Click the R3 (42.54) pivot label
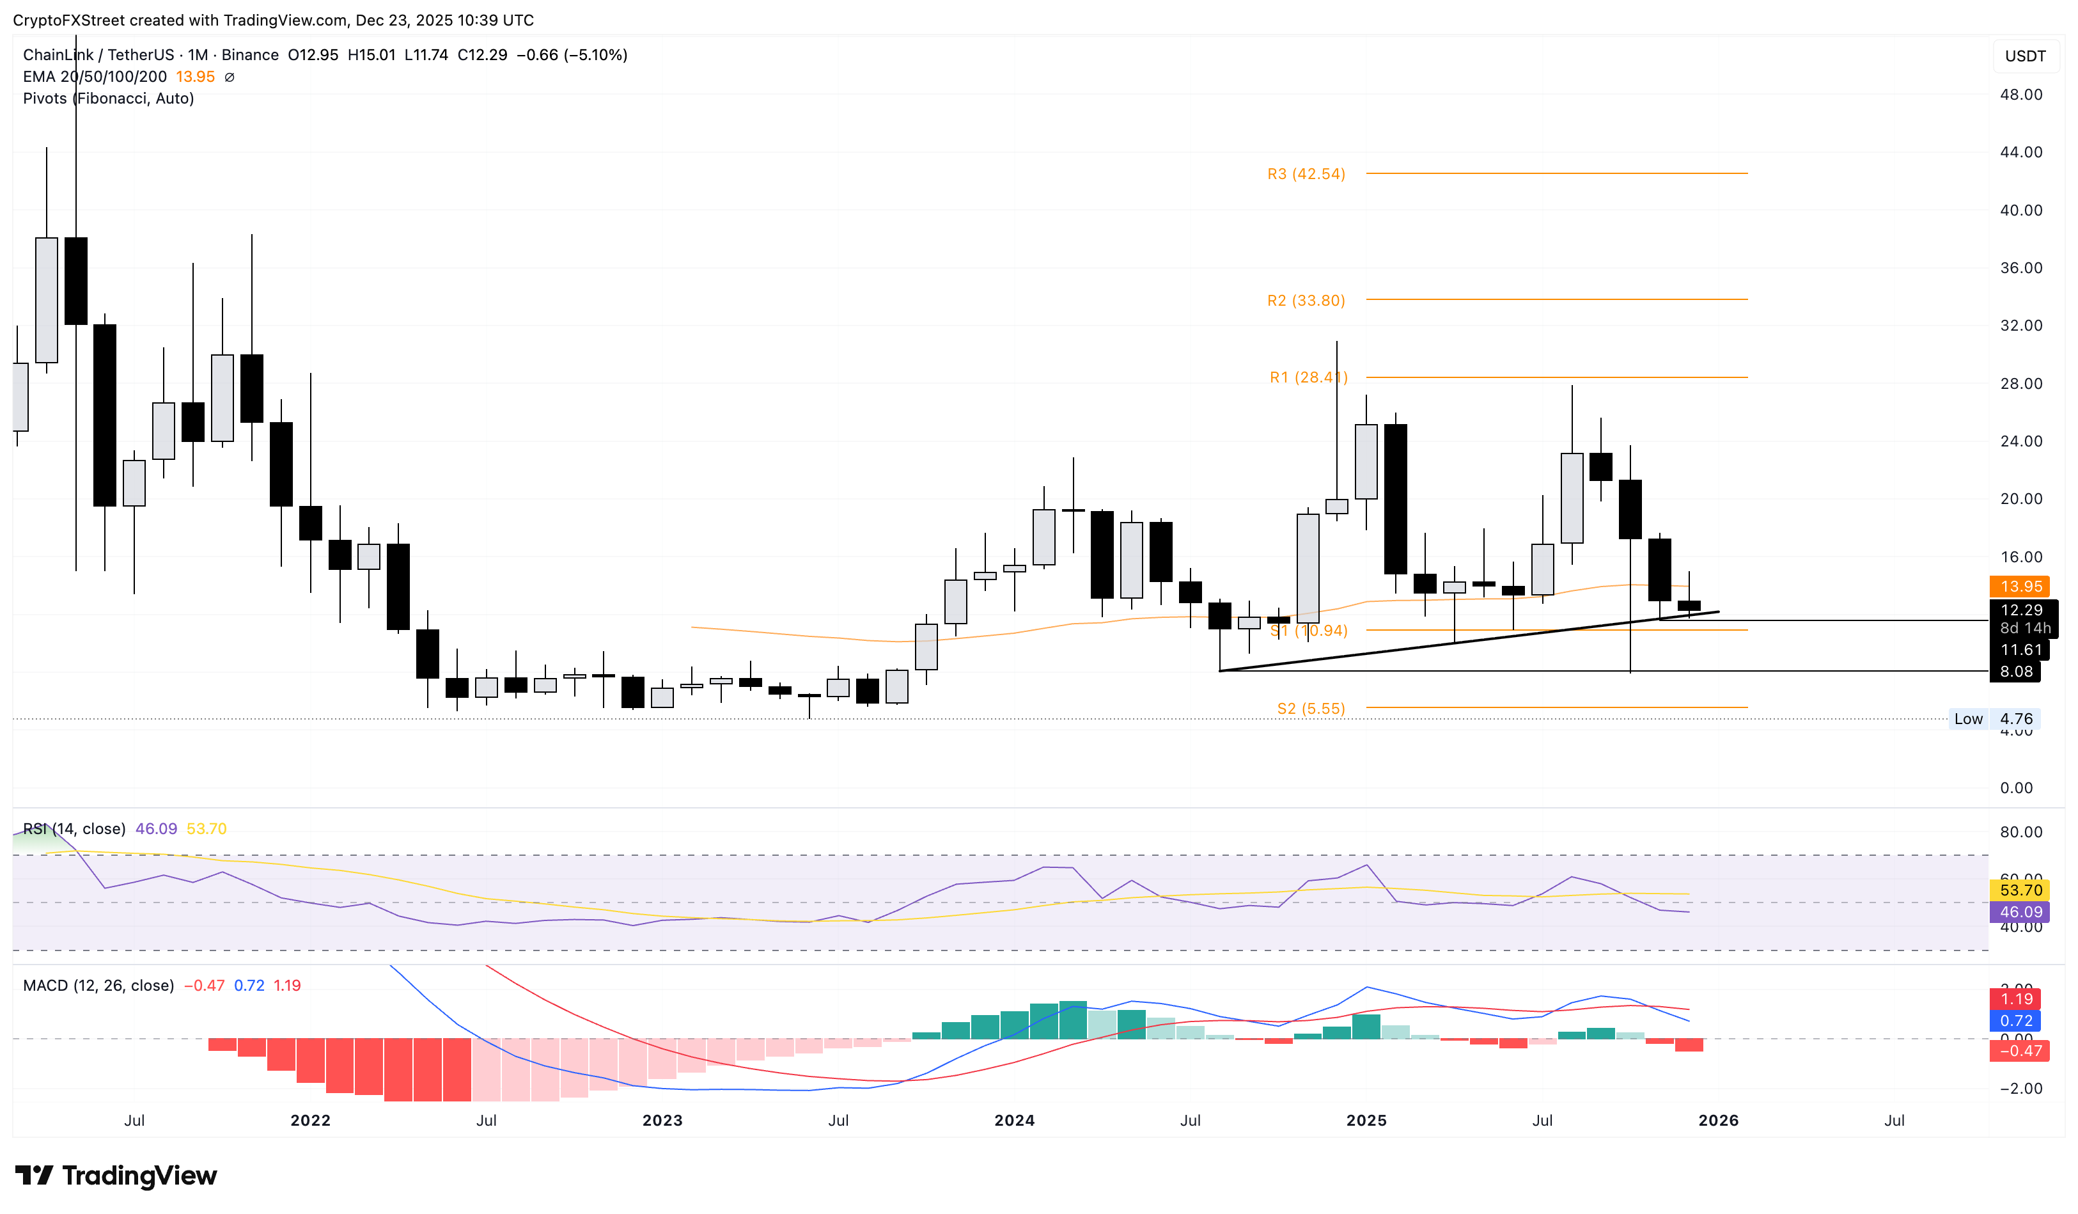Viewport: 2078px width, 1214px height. pos(1306,174)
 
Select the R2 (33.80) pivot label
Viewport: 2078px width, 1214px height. pos(1306,300)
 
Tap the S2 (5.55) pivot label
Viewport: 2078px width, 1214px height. pos(1310,709)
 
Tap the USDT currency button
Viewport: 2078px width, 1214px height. pos(2024,56)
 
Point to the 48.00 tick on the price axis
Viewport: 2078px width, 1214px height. pos(2020,95)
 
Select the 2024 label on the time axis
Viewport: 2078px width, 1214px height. pos(1014,1120)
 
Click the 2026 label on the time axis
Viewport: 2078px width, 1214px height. pos(1719,1120)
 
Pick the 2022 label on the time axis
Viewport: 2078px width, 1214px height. pos(310,1120)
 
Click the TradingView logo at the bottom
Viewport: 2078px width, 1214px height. pos(116,1175)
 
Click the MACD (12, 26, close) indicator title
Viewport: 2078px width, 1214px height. pos(98,986)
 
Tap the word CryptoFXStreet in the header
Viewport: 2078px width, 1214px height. pos(69,20)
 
